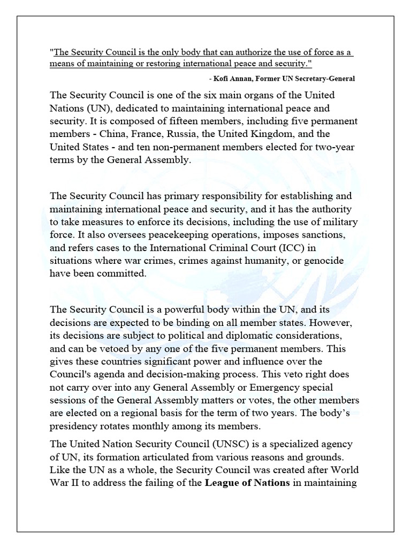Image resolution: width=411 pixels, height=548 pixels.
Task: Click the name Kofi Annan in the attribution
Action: click(234, 79)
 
